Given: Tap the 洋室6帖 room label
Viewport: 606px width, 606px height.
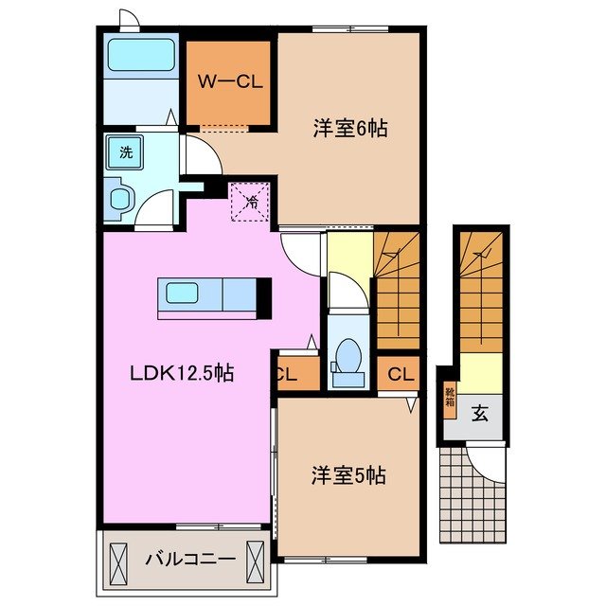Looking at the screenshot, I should coord(350,130).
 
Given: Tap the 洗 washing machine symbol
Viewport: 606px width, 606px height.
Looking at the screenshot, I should coord(125,150).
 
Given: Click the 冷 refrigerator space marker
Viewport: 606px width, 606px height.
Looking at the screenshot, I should coord(251,201).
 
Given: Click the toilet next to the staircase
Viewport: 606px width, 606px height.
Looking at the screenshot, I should coord(348,357).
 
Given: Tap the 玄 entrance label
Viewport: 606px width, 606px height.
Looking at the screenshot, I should coord(480,412).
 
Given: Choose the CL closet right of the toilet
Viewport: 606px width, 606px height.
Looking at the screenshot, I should coord(401,373).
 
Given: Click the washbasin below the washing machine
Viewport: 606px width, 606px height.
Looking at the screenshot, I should coord(120,198).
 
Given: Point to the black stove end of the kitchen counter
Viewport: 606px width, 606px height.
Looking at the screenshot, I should coord(264,295).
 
